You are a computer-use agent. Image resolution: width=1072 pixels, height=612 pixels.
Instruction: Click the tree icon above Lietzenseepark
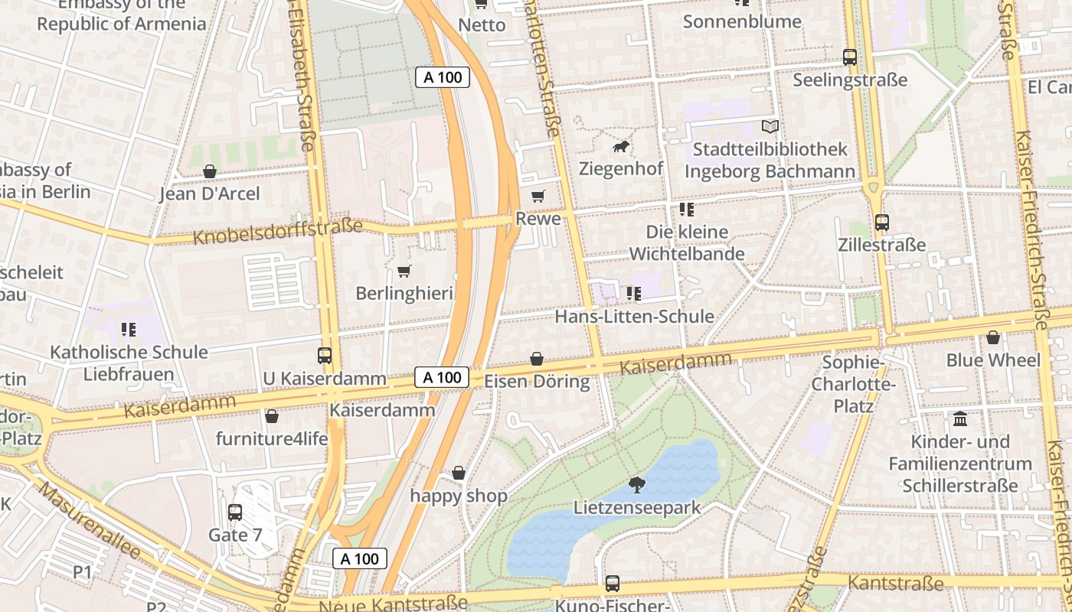[x=636, y=483]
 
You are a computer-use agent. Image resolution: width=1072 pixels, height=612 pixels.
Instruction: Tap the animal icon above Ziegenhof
[x=621, y=145]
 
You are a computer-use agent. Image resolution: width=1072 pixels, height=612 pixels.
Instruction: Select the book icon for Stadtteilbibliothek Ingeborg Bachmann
[x=770, y=126]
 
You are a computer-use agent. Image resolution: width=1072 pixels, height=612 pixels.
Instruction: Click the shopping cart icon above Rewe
[x=538, y=196]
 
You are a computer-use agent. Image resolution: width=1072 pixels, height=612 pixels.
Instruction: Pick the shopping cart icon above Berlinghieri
[x=404, y=271]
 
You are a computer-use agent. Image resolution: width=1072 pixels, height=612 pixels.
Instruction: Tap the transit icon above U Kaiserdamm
[x=325, y=356]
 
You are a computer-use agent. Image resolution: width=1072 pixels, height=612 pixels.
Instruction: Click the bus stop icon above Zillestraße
[x=882, y=223]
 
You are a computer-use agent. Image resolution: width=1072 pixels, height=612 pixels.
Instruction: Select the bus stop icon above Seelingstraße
[x=850, y=57]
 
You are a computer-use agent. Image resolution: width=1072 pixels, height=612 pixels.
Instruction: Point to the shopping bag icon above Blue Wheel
[x=993, y=337]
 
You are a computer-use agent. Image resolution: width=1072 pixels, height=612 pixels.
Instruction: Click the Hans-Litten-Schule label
[x=634, y=316]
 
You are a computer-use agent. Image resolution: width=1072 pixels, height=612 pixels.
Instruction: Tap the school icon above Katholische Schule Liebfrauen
[x=129, y=330]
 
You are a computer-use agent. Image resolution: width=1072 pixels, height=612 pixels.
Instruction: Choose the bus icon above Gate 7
[x=235, y=512]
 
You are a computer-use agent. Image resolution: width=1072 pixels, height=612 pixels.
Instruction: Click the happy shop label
[x=459, y=496]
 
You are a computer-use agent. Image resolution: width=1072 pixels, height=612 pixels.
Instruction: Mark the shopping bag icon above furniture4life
[x=271, y=416]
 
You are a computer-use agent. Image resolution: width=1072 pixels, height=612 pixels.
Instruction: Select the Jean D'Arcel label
[x=210, y=194]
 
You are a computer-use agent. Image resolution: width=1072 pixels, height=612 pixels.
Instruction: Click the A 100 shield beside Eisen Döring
[x=442, y=377]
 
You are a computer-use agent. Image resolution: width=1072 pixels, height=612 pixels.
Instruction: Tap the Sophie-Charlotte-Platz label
[x=853, y=383]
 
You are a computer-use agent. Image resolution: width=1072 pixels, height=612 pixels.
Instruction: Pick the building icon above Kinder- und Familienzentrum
[x=959, y=419]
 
